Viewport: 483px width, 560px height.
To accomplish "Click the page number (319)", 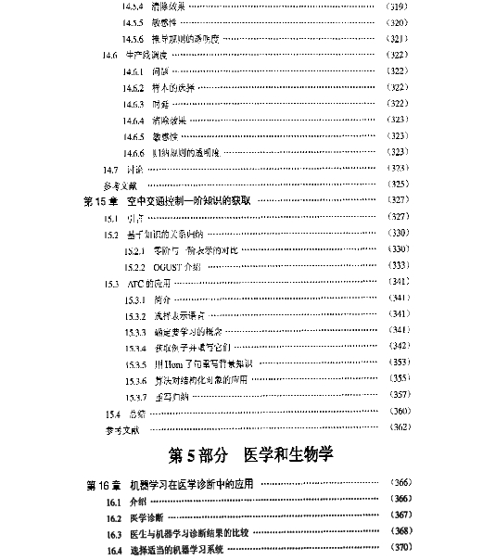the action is click(397, 6).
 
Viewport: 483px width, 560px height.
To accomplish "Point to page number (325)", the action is click(397, 185).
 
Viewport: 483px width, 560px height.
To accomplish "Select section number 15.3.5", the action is click(135, 363).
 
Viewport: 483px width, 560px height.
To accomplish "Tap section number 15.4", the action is click(112, 411).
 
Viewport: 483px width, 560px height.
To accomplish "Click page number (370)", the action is click(397, 550).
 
